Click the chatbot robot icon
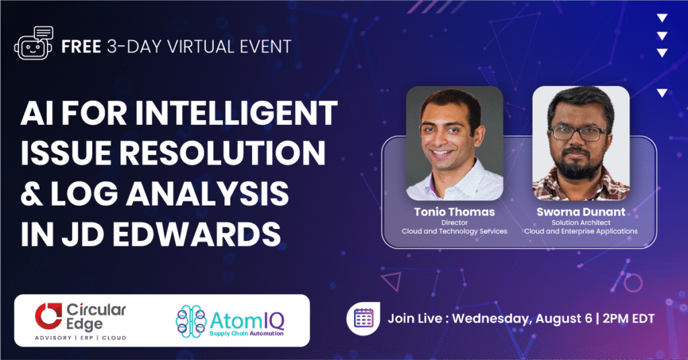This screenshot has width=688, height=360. tap(34, 43)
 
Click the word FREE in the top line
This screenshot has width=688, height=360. tap(81, 46)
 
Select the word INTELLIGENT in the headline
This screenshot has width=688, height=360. tap(236, 113)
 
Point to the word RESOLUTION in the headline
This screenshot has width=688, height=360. tap(222, 153)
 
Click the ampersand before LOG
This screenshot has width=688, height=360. tap(32, 193)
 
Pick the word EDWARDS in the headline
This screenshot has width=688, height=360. tap(197, 234)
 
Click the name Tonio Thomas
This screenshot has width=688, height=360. tap(454, 212)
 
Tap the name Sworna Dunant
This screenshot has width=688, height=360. tap(581, 212)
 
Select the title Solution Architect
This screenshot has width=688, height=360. tap(581, 223)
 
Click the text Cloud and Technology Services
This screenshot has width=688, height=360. tap(454, 231)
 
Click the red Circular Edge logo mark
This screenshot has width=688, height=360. tap(48, 316)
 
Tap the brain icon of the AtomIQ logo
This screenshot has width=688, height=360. tap(191, 322)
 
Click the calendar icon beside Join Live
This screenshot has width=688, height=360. tap(363, 318)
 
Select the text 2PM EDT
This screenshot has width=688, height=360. tap(628, 318)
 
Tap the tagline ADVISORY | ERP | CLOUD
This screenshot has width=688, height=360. tap(81, 338)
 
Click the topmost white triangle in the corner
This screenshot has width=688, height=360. tap(662, 18)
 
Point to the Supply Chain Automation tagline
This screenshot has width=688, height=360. tap(246, 334)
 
